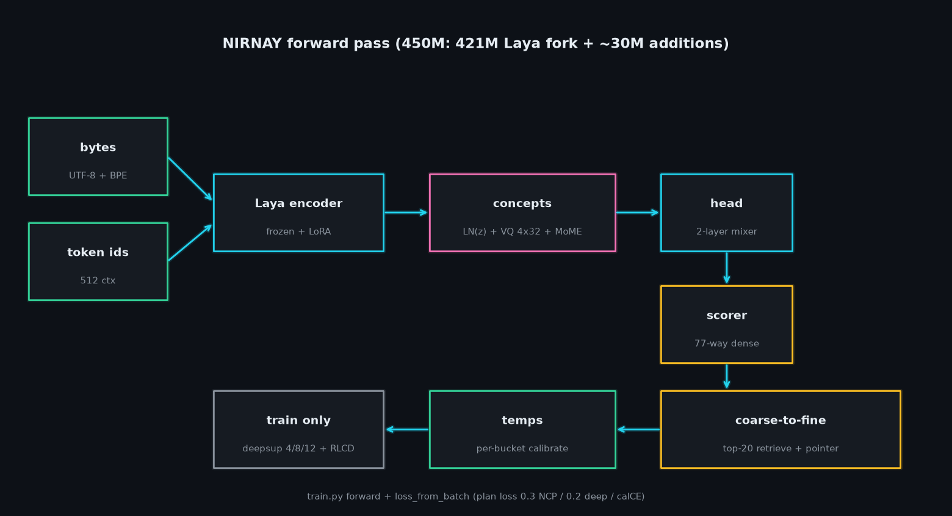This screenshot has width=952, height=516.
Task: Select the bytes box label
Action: (98, 147)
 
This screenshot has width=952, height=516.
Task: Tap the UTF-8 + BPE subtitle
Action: (98, 175)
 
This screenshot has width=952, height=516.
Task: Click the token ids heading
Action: (98, 252)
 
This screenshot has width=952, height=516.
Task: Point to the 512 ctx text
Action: (98, 280)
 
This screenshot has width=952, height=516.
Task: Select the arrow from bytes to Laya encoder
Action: (190, 179)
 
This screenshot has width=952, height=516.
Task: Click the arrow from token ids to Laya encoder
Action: (190, 242)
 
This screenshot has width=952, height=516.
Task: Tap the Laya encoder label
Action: (299, 203)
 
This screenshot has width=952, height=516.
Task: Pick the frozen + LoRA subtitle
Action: (299, 231)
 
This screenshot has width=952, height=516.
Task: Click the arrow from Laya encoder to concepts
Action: (406, 213)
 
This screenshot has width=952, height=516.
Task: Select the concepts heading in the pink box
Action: (522, 203)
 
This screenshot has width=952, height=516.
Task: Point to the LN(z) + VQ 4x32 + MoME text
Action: (522, 231)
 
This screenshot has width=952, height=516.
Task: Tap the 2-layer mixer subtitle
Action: (727, 231)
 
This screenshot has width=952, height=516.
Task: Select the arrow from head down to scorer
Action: (727, 267)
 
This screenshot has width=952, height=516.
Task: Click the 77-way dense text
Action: (727, 343)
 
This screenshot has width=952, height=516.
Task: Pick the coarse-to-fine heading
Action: (781, 420)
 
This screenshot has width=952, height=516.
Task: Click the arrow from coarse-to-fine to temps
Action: (638, 430)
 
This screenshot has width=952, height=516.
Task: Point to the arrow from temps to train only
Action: (407, 430)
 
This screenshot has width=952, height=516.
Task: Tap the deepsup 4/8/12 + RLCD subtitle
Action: (298, 448)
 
